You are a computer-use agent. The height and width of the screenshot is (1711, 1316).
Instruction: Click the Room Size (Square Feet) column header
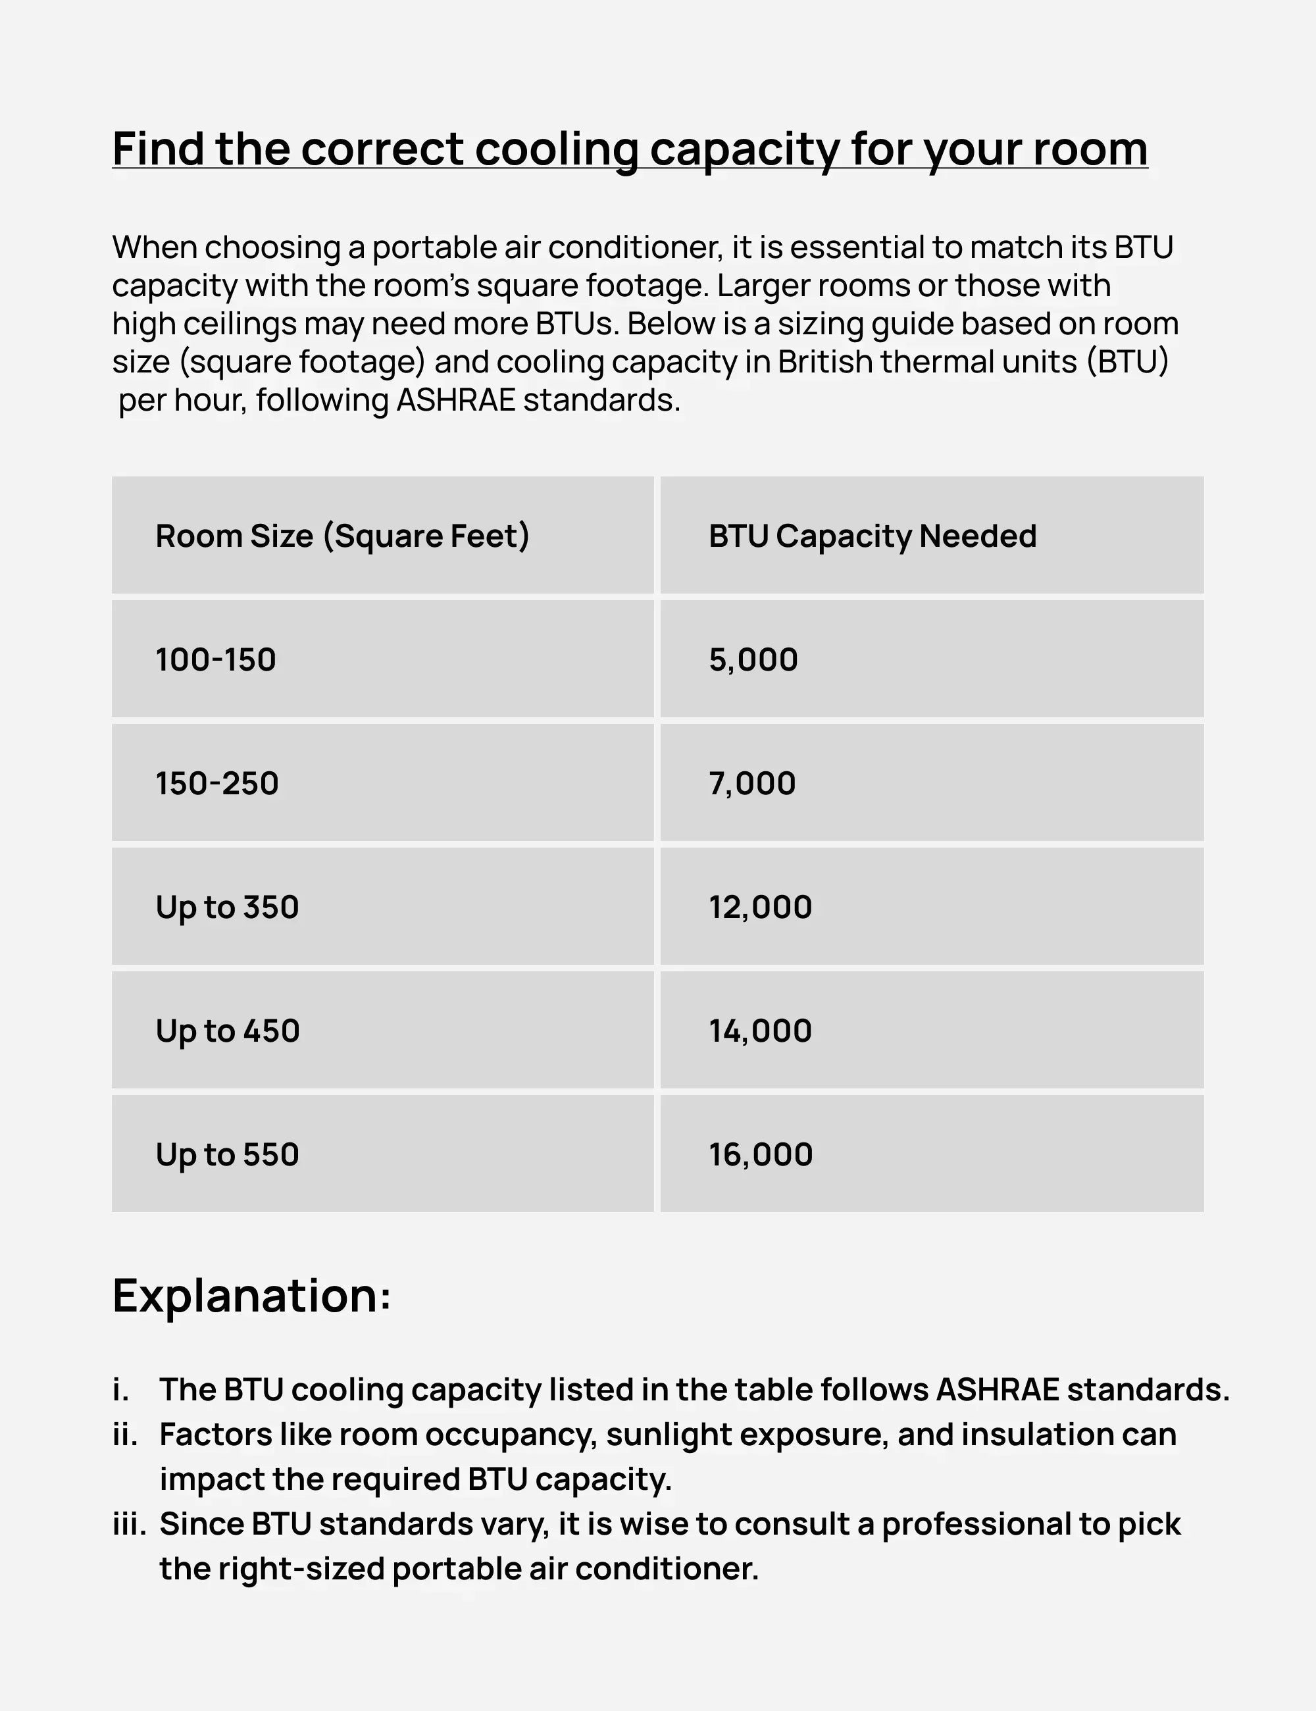pos(342,536)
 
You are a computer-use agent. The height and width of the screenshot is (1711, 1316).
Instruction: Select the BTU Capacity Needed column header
pos(873,536)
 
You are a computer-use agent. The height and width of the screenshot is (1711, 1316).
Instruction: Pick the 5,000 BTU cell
pos(753,659)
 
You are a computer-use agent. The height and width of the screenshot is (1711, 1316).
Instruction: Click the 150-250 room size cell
pos(217,783)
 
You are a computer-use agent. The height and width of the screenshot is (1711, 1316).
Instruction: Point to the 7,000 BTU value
pos(752,783)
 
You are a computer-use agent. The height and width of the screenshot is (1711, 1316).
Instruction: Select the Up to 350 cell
pos(227,907)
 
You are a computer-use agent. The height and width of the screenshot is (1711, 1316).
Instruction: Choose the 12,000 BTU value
pos(760,907)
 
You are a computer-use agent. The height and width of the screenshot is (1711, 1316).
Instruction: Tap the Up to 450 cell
pos(227,1031)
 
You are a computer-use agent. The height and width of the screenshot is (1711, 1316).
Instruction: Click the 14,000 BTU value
pos(760,1031)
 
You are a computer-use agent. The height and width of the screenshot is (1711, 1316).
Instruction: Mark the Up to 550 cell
pos(227,1155)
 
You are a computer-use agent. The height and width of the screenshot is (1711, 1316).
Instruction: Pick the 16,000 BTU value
pos(761,1155)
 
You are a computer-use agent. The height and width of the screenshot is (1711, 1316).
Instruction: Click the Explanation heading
pos(251,1296)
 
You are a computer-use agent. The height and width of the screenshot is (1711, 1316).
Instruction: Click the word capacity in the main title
pos(744,149)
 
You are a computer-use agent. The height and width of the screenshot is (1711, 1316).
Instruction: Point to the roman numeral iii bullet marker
pos(129,1525)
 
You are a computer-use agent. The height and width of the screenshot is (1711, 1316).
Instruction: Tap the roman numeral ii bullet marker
pos(125,1435)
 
